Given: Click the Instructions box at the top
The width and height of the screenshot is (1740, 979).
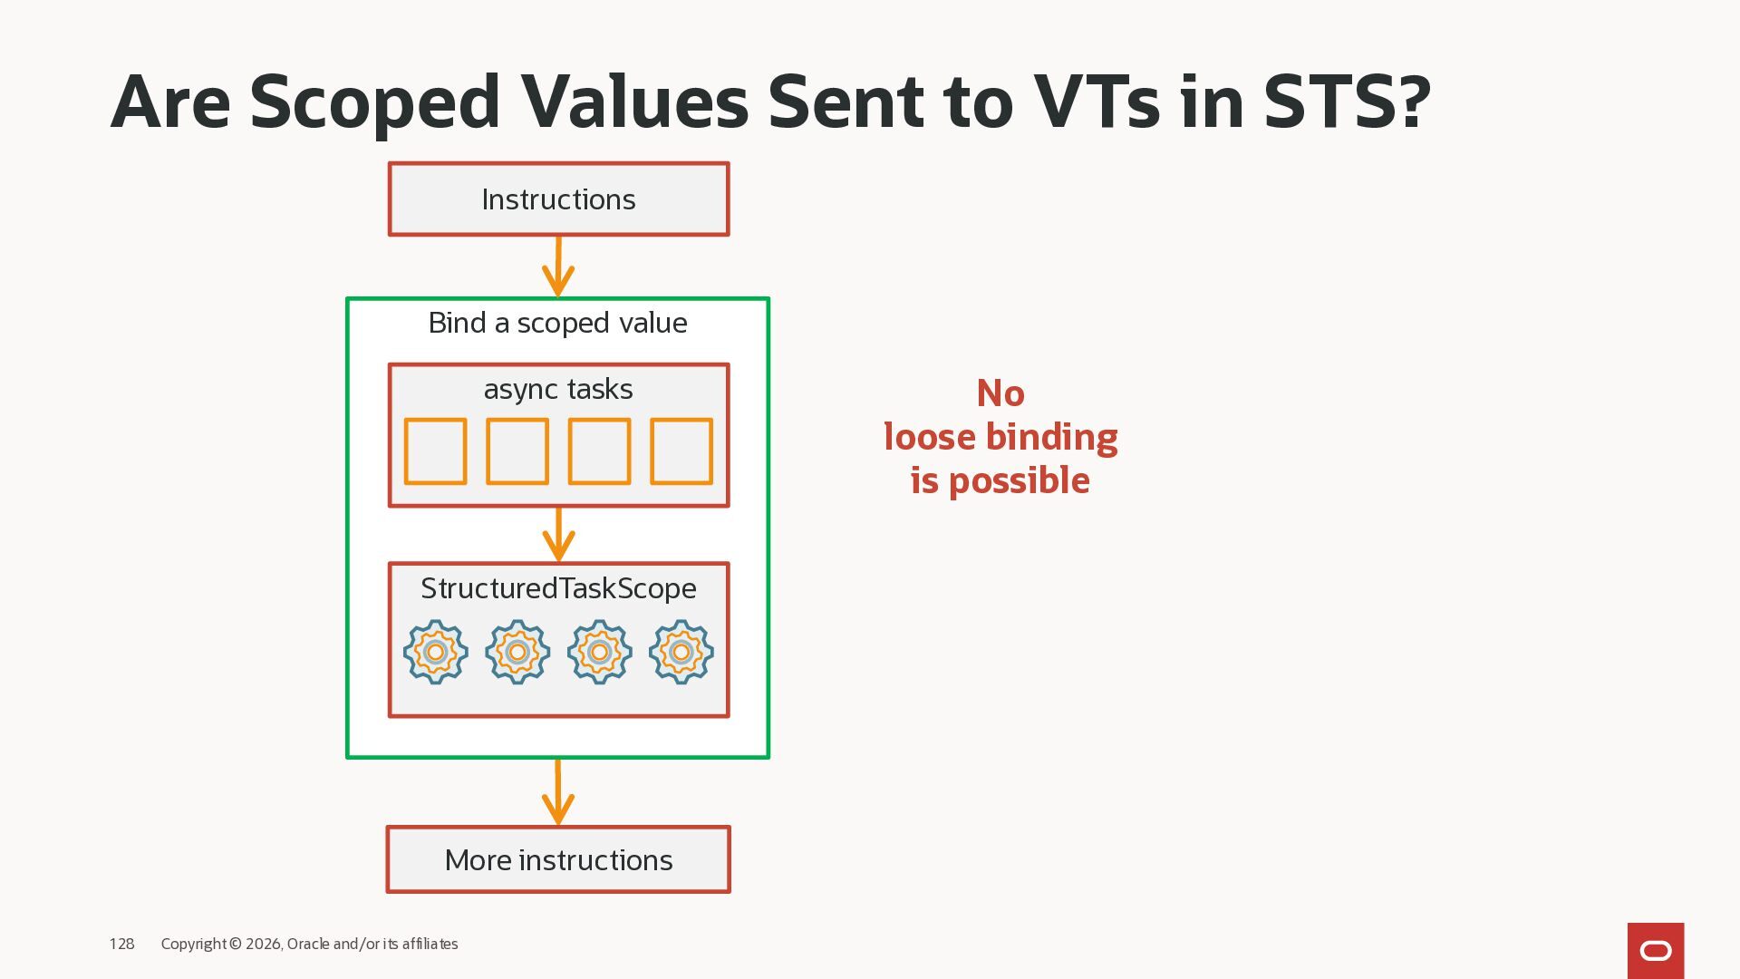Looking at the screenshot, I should pyautogui.click(x=558, y=199).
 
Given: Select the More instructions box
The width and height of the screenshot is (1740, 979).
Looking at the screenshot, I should pyautogui.click(x=558, y=859).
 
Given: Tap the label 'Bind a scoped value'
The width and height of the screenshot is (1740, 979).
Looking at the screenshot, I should pyautogui.click(x=557, y=323).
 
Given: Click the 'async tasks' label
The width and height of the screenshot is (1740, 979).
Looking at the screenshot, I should pyautogui.click(x=558, y=389).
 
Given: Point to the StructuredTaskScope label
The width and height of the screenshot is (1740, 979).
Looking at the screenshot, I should pyautogui.click(x=558, y=588).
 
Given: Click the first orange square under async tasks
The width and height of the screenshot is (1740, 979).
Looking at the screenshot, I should pyautogui.click(x=435, y=451).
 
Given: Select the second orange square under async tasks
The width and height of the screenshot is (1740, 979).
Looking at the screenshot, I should pyautogui.click(x=517, y=451).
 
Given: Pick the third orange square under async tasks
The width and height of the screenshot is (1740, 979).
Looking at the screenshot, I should pyautogui.click(x=599, y=451).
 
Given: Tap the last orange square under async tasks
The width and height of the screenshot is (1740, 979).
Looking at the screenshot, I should pyautogui.click(x=681, y=451).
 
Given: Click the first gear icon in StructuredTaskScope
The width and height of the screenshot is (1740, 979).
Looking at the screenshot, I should pyautogui.click(x=435, y=652).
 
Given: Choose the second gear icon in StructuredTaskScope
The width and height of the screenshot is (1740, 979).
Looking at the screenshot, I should pyautogui.click(x=517, y=652).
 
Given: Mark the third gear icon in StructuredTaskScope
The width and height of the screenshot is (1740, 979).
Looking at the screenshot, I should pyautogui.click(x=599, y=652).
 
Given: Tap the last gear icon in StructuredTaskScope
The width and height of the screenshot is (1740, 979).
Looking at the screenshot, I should pyautogui.click(x=681, y=652).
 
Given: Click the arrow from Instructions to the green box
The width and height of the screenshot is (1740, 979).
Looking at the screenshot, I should pyautogui.click(x=558, y=267).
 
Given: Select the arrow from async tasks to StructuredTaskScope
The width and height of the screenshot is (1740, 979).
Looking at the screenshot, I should pyautogui.click(x=558, y=535).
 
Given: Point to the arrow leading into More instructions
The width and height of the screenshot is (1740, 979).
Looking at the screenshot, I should pyautogui.click(x=558, y=792).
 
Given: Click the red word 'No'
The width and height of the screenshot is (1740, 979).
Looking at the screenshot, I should pyautogui.click(x=1000, y=393).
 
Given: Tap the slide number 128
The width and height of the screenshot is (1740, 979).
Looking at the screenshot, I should pyautogui.click(x=121, y=944).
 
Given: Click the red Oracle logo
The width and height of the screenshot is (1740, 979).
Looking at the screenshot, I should pyautogui.click(x=1656, y=950).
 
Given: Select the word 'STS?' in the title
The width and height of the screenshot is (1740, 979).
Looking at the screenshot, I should pyautogui.click(x=1347, y=102).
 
